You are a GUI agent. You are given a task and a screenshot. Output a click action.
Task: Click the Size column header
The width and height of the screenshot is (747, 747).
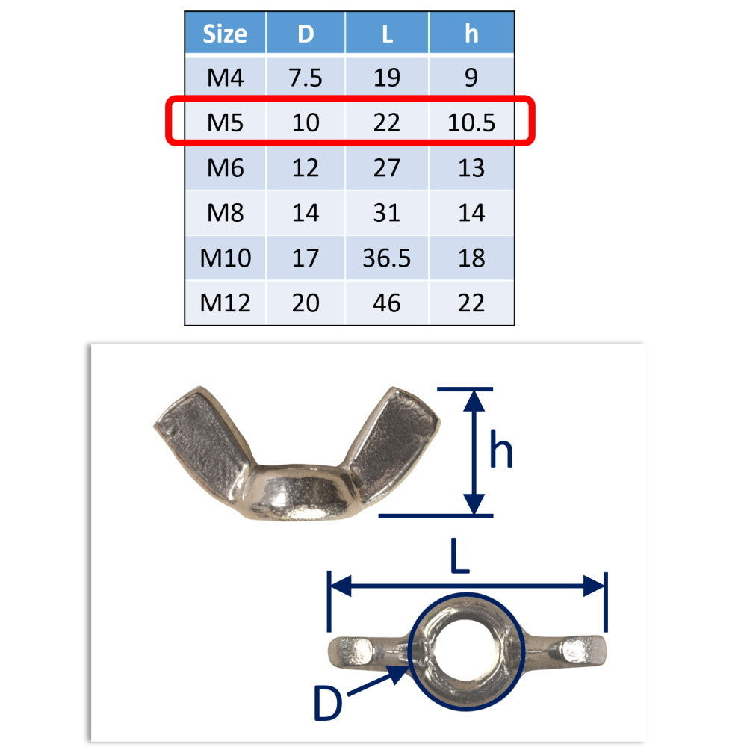click(x=225, y=34)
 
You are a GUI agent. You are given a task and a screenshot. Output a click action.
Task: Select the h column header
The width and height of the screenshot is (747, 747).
click(x=471, y=34)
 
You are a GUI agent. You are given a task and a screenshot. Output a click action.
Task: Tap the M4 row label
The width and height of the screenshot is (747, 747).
click(x=226, y=77)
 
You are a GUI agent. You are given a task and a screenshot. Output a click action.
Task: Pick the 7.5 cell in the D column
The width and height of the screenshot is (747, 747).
click(x=306, y=77)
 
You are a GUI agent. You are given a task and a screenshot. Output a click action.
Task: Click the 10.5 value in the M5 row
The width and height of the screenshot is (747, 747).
click(x=471, y=123)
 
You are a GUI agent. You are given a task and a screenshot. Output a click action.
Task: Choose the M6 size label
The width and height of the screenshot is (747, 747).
click(x=226, y=167)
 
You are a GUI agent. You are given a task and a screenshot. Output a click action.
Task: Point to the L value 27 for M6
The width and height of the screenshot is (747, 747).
click(x=386, y=167)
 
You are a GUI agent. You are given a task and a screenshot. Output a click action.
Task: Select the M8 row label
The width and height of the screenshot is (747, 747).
click(x=226, y=212)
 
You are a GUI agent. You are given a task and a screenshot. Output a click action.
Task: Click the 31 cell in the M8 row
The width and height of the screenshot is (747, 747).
click(x=386, y=212)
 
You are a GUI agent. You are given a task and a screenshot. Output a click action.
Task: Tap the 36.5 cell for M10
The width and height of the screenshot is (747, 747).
click(x=386, y=258)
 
